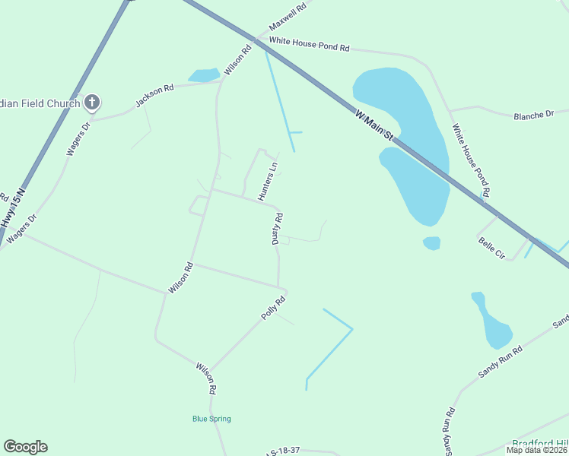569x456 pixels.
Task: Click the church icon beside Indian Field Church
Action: click(92, 102)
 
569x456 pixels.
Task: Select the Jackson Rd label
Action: click(154, 94)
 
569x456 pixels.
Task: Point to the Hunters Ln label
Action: click(269, 181)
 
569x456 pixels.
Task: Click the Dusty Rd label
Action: click(278, 228)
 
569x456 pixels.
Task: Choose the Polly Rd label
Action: click(273, 308)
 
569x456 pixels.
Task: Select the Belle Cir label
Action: click(491, 248)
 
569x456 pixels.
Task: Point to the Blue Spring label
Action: click(211, 419)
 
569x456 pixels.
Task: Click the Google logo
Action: click(25, 447)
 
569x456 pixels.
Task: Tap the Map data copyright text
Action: click(537, 450)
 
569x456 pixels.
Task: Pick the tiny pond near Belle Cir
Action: click(432, 243)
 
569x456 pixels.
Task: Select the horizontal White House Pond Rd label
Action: click(309, 45)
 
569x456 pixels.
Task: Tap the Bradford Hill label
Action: click(540, 443)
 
